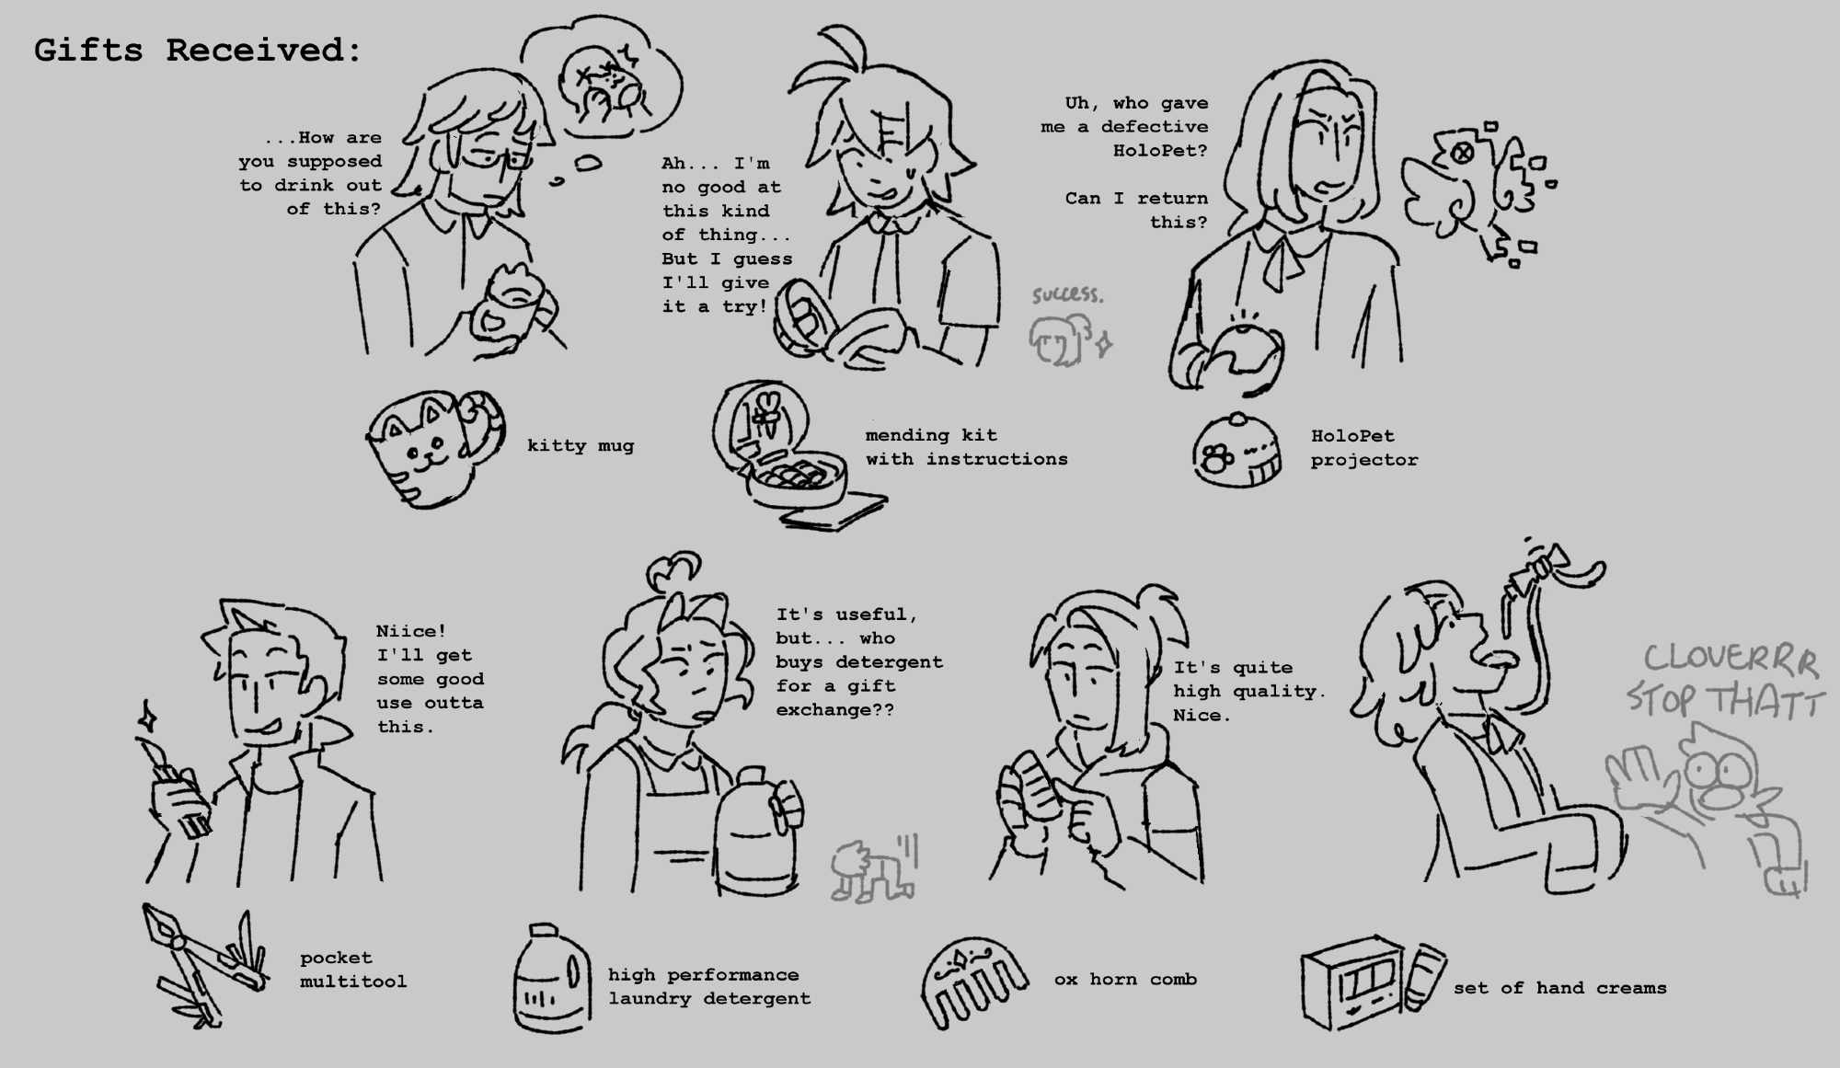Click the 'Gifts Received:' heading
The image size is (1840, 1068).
pos(198,51)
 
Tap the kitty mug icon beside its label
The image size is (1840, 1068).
pos(434,448)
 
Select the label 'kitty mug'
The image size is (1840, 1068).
pos(581,446)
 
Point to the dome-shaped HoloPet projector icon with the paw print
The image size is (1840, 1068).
pos(1237,450)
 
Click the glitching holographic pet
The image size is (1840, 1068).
pos(1472,193)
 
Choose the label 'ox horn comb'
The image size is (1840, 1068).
pos(1125,980)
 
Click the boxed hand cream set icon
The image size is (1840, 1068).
pos(1371,983)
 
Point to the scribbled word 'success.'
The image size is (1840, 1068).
pos(1067,294)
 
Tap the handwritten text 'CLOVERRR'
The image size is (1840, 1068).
pos(1731,660)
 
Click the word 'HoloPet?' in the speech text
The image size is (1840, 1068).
pos(1160,151)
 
